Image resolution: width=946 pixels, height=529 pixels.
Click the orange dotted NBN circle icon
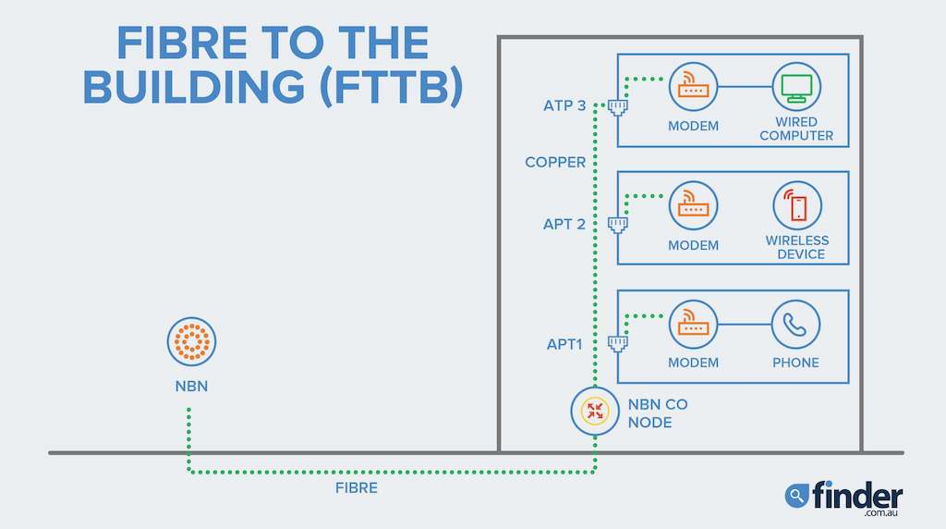click(x=191, y=341)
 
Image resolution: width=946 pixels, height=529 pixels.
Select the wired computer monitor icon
click(x=796, y=87)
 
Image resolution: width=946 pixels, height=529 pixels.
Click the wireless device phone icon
click(x=796, y=205)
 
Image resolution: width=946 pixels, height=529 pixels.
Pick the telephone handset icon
click(x=795, y=325)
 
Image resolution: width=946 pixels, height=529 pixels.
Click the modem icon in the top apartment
click(x=693, y=87)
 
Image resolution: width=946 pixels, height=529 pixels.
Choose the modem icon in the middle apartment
click(x=693, y=205)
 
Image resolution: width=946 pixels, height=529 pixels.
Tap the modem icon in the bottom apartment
click(x=693, y=325)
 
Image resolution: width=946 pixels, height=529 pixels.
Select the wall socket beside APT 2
click(x=618, y=224)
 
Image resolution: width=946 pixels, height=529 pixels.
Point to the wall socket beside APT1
click(x=618, y=343)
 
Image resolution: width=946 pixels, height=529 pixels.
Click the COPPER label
click(x=555, y=163)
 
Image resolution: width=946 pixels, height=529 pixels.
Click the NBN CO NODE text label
click(x=658, y=413)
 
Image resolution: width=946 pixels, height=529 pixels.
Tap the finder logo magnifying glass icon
click(x=796, y=496)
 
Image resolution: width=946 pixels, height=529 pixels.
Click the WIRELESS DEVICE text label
click(x=796, y=247)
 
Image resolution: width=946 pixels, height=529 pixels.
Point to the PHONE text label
click(x=795, y=363)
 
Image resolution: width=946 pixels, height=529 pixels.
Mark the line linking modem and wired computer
click(x=745, y=87)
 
